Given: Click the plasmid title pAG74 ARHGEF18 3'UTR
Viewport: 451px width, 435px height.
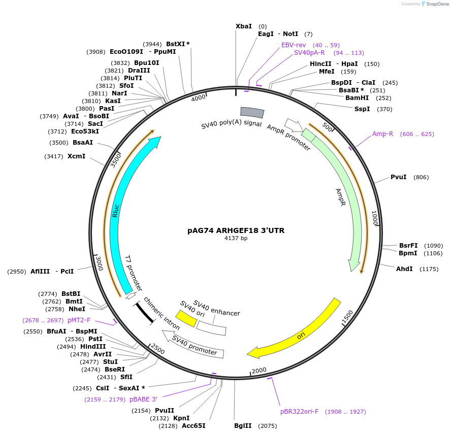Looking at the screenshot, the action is coord(236,230).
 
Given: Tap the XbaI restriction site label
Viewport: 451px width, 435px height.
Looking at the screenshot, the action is coord(244,26).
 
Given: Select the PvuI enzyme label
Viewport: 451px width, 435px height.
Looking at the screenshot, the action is coord(398,177).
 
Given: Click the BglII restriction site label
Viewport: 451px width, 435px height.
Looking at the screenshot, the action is coord(243,425).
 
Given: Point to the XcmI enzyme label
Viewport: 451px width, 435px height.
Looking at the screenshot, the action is coord(76,156).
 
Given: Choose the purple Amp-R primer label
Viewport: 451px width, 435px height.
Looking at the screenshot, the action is coord(382,134).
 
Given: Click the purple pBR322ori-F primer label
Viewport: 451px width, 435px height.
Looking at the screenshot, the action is coord(300,412).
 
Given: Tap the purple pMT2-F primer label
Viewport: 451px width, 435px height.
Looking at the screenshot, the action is coord(79,320).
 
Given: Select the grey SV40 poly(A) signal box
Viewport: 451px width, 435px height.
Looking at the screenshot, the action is coord(252,112).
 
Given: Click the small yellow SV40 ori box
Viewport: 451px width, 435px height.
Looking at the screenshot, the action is coord(186,318).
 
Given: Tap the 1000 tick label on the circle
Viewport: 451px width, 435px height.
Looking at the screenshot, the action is coord(374,218).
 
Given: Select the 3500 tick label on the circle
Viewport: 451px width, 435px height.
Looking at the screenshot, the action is coord(116,160).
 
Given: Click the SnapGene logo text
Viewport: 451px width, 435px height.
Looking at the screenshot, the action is coord(437,4).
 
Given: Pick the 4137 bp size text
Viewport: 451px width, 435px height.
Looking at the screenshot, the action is coord(236,238).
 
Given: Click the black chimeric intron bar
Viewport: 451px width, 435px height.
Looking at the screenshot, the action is coord(144,313).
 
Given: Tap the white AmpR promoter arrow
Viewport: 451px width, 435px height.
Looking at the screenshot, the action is coord(294,125).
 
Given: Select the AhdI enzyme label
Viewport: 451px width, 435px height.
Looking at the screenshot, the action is coord(404,269).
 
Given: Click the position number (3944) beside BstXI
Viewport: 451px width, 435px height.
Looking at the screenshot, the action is coord(152,44).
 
